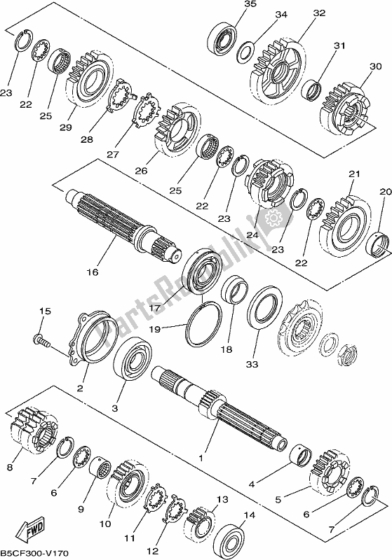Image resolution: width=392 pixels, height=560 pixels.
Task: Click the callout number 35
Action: point(231,5)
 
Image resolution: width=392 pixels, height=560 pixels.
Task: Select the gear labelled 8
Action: point(32,429)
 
